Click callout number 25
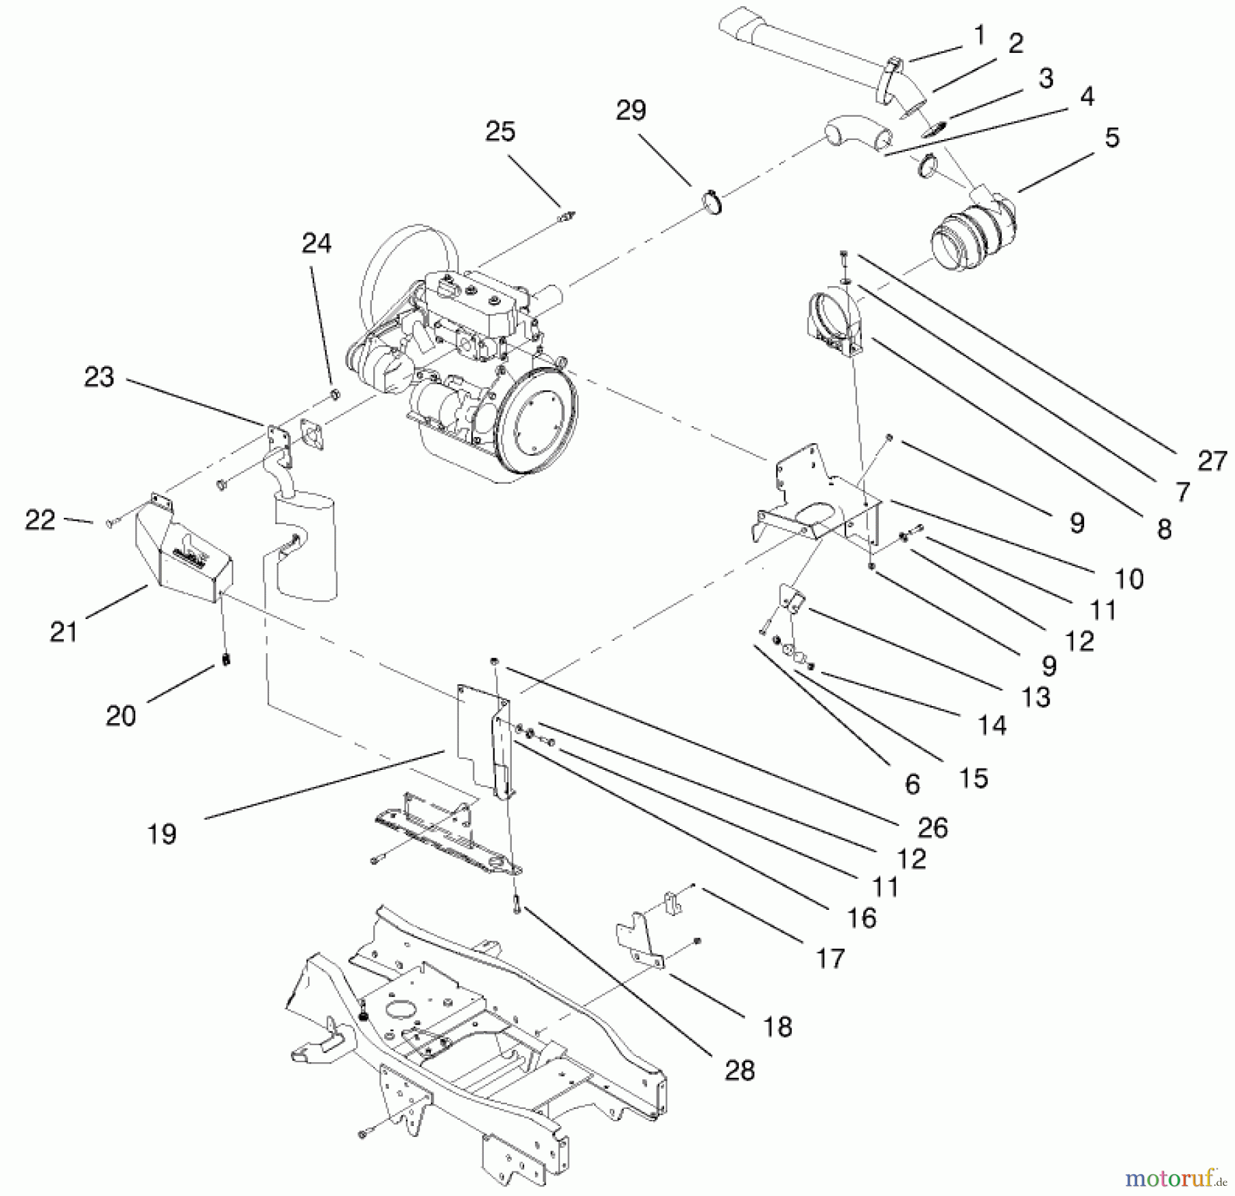500,132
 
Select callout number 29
631,110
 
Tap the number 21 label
64,631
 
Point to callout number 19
162,834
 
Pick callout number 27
1212,461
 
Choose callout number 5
1112,138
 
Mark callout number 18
777,1027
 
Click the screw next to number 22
110,524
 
